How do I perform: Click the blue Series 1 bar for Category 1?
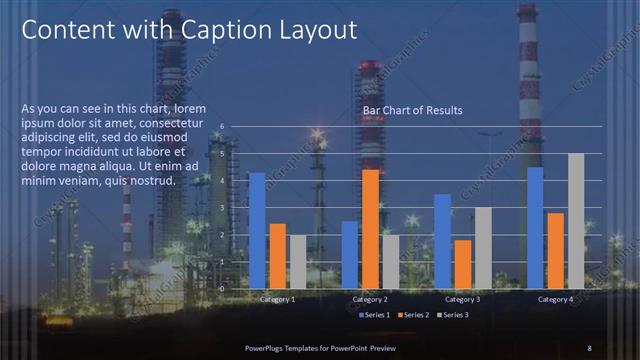point(257,230)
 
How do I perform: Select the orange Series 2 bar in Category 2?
point(370,228)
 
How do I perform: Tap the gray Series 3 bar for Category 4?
point(576,220)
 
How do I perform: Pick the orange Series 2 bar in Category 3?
point(463,263)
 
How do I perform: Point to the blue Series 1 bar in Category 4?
point(536,227)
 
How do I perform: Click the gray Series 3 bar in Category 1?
point(297,261)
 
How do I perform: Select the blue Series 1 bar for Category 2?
point(350,254)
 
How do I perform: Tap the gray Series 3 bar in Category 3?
point(483,247)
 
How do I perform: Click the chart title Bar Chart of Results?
point(412,110)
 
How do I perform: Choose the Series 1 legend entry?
point(376,315)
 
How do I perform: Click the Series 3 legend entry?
point(453,315)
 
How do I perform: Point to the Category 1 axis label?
point(277,299)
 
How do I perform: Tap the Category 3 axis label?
point(462,299)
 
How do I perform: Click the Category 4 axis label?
point(555,299)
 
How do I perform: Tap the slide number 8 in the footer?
point(589,347)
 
